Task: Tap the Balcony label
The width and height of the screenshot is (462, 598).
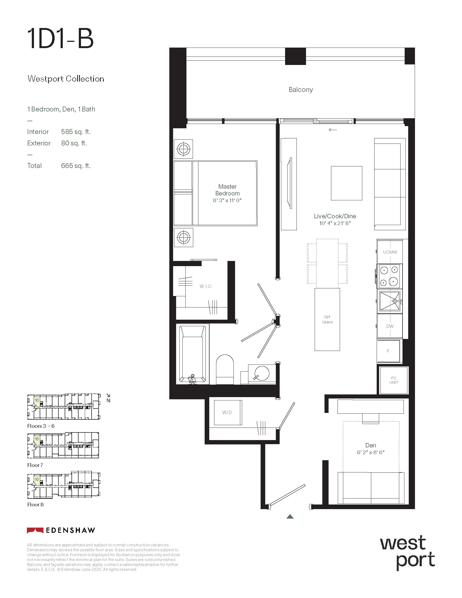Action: pos(301,90)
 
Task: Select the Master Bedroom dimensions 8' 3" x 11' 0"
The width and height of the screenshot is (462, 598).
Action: pos(227,200)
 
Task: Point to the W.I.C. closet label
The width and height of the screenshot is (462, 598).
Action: pos(206,286)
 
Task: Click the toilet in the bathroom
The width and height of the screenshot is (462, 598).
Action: pos(225,369)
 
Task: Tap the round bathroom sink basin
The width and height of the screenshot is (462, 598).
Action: pos(262,373)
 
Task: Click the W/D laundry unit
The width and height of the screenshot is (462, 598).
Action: pos(228,412)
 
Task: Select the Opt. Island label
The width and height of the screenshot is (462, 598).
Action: pos(327,320)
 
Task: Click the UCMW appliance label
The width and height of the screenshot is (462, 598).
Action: pos(390,252)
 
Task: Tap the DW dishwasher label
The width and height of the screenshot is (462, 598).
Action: pos(390,326)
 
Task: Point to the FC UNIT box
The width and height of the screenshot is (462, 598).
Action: pos(394,380)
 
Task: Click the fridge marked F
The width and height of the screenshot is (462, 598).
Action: pos(388,351)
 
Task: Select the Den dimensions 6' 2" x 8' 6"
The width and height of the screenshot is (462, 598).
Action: pos(371,452)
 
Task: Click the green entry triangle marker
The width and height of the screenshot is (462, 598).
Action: pos(290,517)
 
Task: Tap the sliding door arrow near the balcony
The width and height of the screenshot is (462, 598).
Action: pos(333,130)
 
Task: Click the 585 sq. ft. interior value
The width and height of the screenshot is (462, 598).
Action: pos(76,132)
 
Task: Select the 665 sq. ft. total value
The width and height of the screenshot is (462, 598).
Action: pos(76,166)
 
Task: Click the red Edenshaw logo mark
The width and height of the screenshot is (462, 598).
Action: pos(35,530)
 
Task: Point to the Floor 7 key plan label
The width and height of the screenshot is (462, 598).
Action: pos(35,465)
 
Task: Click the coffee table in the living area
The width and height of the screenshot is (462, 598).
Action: pos(347,183)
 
